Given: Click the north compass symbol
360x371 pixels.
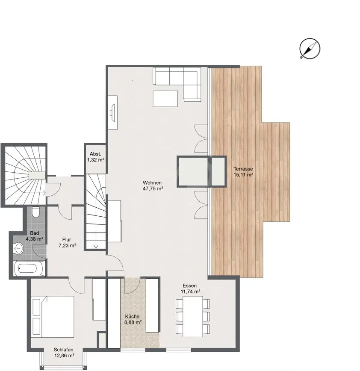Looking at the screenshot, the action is click(x=310, y=48).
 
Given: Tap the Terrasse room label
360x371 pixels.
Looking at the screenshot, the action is click(x=243, y=169).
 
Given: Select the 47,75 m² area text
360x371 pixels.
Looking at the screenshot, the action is click(x=153, y=188).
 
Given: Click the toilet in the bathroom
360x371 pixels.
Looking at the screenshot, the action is click(x=36, y=212).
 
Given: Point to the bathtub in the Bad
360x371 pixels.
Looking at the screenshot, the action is click(x=30, y=268).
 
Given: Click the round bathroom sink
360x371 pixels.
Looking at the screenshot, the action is click(x=18, y=248).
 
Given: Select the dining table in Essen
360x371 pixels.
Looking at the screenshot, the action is click(x=193, y=317).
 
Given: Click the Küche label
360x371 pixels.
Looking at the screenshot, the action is click(x=132, y=316).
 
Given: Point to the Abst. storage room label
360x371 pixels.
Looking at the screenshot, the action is click(x=95, y=154).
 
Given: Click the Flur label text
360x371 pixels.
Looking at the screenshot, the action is click(x=67, y=240).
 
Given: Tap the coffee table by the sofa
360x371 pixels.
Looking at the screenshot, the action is click(x=165, y=99).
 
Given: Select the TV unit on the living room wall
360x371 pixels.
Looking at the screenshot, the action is click(x=113, y=113).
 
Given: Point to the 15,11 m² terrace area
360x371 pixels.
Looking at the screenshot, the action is click(x=243, y=175).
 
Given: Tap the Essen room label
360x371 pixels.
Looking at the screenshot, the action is click(x=189, y=286).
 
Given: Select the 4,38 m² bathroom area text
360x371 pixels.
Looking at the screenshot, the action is click(x=35, y=239).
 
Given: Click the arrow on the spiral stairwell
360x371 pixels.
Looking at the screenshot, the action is click(x=43, y=193).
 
